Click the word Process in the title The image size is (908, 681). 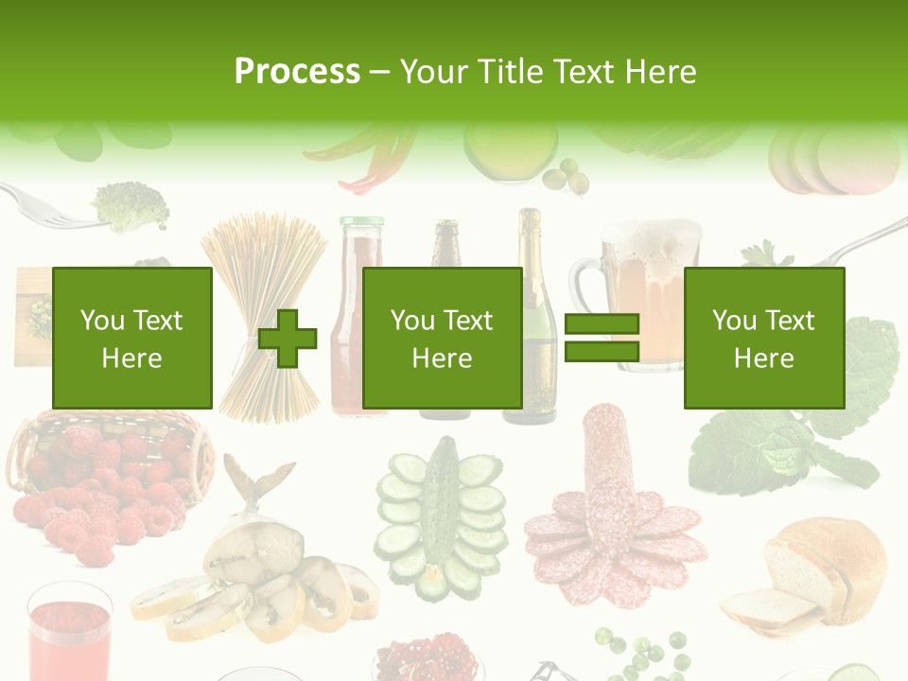297,72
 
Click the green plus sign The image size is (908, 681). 288,338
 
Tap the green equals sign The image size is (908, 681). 602,338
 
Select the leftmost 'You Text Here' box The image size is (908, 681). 132,338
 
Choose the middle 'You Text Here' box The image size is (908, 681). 442,338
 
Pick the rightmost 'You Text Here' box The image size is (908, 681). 763,338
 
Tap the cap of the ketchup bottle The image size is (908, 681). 362,224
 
